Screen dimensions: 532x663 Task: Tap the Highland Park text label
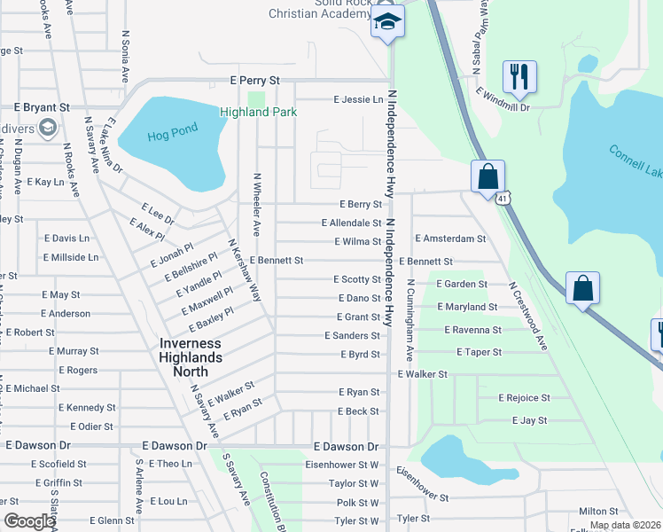click(x=258, y=112)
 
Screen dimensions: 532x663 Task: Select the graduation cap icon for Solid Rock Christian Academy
click(x=387, y=22)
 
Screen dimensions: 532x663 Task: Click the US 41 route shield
click(x=502, y=199)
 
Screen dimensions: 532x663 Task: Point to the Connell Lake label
click(x=634, y=163)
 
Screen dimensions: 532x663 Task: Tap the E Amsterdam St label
click(x=450, y=239)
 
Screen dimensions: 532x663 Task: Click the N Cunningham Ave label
click(x=410, y=321)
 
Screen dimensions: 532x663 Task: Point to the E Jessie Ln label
click(x=358, y=99)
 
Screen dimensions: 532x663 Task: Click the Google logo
click(x=28, y=521)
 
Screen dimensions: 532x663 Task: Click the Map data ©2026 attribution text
click(x=624, y=525)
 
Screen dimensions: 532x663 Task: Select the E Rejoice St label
click(x=524, y=398)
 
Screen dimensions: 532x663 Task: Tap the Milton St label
click(x=598, y=512)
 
